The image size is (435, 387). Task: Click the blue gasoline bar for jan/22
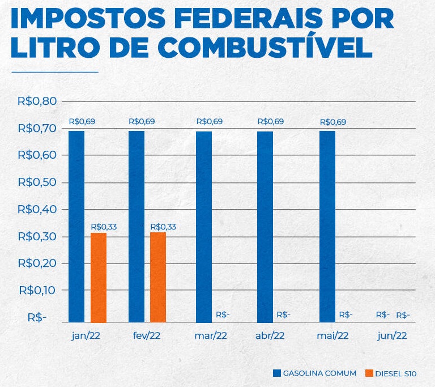[76, 227]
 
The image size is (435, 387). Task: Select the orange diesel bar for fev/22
[158, 277]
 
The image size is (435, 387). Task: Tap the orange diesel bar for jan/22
[99, 277]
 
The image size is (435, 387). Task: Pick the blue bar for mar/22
[204, 227]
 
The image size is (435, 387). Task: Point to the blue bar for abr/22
[265, 227]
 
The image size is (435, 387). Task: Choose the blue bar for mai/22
[327, 227]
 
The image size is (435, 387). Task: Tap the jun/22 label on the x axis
[392, 335]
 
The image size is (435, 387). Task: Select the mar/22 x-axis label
[211, 335]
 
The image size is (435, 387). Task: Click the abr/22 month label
[270, 335]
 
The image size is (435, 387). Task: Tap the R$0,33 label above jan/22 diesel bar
[104, 227]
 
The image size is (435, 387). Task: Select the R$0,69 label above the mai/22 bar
[333, 122]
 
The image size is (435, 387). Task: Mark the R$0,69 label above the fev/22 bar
[142, 121]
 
